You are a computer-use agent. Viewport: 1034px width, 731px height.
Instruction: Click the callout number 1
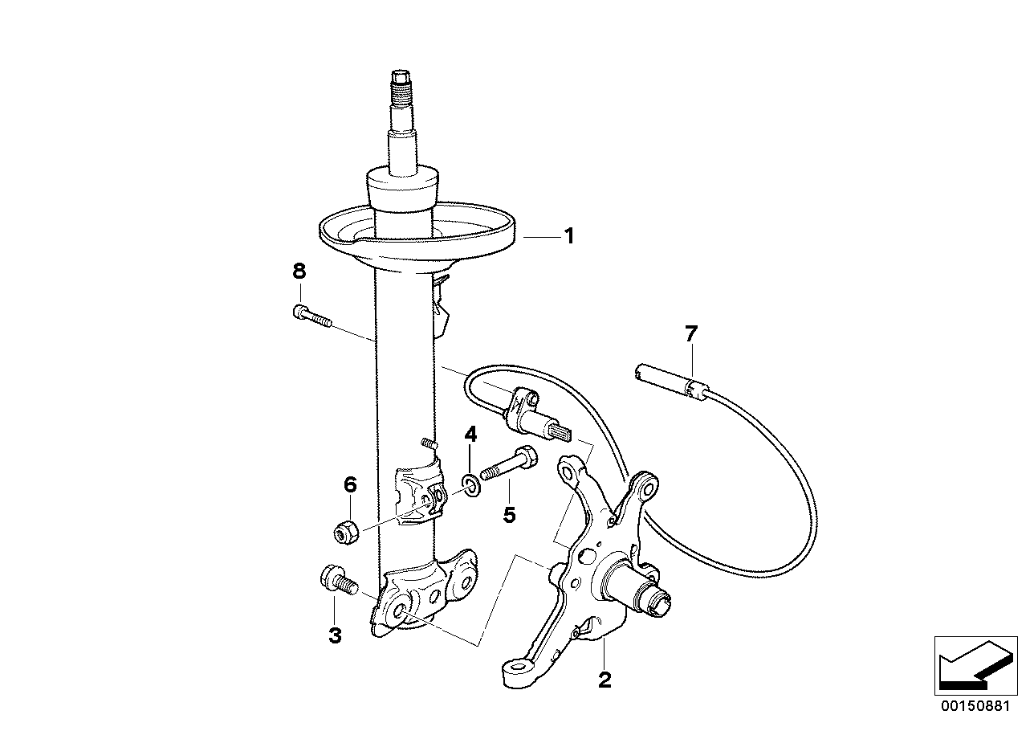568,237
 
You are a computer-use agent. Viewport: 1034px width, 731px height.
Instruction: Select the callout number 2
605,680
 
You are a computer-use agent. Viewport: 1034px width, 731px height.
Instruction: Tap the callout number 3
334,636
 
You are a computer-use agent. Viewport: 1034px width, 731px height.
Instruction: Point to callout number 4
470,435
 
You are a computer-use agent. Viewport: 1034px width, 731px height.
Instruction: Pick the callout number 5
509,514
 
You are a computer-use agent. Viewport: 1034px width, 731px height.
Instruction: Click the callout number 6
350,484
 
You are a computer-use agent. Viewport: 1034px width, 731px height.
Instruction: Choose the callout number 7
691,334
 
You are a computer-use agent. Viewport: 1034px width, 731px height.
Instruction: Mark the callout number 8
299,272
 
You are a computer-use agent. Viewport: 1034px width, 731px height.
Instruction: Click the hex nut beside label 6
347,531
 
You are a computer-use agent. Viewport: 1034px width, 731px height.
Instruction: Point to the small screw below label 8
311,316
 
